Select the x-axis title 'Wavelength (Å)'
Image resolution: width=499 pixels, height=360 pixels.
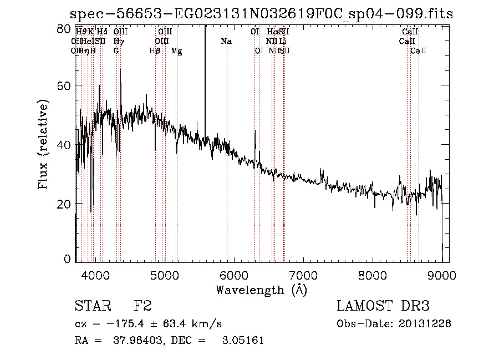(261, 290)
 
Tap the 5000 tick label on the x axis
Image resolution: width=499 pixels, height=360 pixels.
(164, 275)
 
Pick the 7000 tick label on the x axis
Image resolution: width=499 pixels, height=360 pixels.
(303, 275)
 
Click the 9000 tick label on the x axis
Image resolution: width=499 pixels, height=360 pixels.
(442, 275)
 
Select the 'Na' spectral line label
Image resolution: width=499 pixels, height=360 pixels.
(226, 41)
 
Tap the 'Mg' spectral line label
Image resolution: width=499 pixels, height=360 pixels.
(176, 51)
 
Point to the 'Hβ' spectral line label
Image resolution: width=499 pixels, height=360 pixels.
(155, 51)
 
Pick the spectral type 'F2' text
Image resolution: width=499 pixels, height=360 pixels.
(142, 306)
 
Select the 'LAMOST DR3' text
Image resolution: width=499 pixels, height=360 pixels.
(383, 306)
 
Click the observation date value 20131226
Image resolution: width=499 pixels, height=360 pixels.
(425, 324)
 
